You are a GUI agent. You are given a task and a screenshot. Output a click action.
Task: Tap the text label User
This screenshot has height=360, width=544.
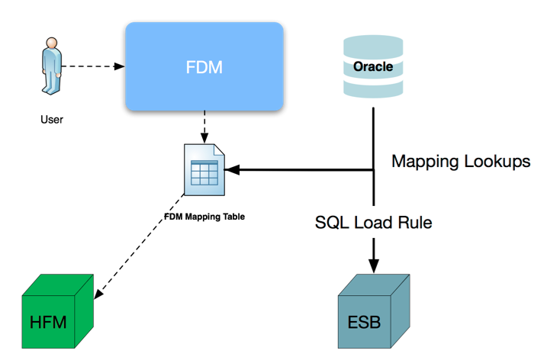(52, 119)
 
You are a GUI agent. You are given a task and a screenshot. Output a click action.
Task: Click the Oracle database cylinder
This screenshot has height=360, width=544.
(373, 67)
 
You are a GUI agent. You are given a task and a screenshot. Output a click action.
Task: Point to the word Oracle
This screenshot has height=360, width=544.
(373, 66)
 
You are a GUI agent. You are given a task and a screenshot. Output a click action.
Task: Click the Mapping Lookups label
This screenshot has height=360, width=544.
(460, 162)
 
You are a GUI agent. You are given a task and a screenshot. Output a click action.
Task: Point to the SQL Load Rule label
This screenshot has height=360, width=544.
(374, 223)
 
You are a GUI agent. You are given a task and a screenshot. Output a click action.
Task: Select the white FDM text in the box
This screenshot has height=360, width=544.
(204, 66)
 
